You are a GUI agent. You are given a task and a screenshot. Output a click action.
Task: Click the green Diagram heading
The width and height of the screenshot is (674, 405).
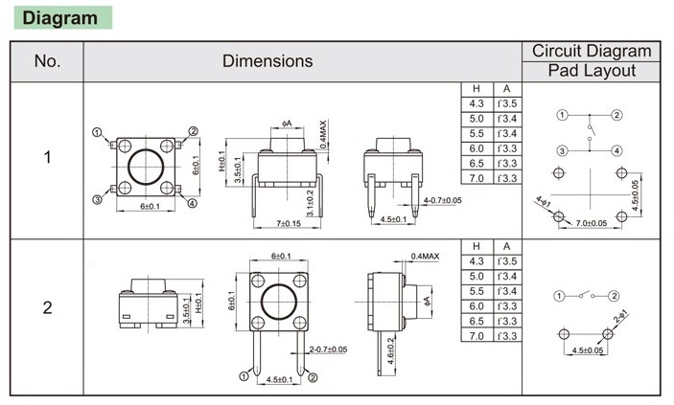point(60,18)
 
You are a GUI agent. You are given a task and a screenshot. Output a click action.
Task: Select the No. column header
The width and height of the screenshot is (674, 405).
point(47,61)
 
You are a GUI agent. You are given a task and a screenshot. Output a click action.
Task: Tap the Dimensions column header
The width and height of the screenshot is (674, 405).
point(267,61)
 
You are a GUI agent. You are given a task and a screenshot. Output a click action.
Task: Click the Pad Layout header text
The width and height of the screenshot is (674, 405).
point(592,71)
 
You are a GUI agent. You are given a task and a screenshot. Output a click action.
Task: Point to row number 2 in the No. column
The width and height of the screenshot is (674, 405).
point(47,307)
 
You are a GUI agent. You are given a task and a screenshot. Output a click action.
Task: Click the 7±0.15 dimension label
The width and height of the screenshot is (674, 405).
point(289,223)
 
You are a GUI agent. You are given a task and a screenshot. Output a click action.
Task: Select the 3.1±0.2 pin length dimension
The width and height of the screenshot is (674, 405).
point(311,204)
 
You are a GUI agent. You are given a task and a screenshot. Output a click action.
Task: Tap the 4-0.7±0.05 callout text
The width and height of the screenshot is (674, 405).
point(442,200)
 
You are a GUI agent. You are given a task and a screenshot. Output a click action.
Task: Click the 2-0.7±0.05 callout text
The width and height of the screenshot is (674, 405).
point(328,349)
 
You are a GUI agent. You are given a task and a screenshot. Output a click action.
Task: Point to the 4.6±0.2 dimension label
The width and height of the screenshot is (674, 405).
point(390,350)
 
